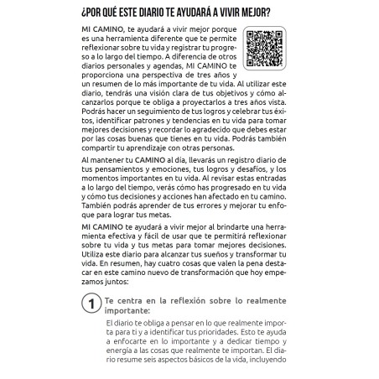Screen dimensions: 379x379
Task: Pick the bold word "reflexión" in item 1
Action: [192, 299]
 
